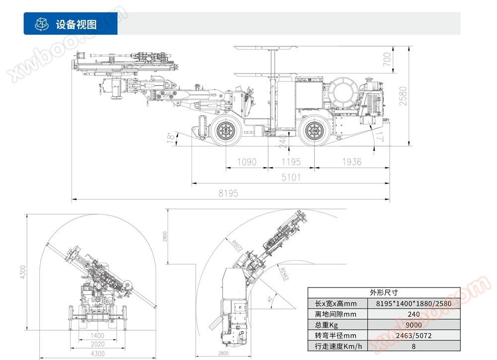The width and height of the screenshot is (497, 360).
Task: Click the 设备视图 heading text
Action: coord(76,24)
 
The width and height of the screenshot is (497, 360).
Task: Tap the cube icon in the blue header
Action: coord(41,24)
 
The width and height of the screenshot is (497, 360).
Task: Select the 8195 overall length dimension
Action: coord(228,194)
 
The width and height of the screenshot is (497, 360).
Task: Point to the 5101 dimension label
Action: coord(291,177)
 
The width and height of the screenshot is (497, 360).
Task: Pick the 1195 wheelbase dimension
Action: coord(291,162)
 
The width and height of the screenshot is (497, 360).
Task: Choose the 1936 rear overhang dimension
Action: coord(351,162)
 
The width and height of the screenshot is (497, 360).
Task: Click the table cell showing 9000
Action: coord(413,325)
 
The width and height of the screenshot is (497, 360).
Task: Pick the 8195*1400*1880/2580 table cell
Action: coord(413,303)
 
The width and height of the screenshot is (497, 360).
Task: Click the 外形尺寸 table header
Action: coord(384,292)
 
